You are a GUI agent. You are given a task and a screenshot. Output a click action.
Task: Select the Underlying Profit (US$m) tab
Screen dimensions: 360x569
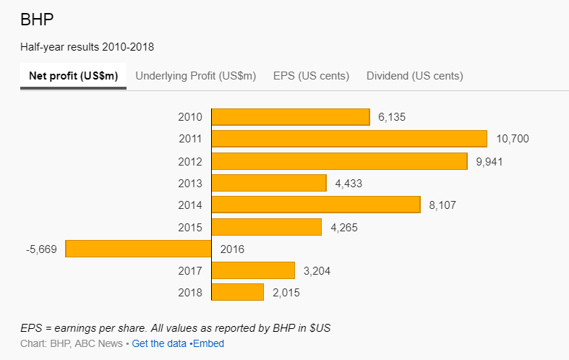196,76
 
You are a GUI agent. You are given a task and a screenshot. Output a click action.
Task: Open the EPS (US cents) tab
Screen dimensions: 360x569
311,76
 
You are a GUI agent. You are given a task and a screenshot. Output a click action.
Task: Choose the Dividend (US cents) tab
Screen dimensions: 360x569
414,76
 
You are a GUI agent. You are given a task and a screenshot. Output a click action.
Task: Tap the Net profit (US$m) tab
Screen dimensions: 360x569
73,76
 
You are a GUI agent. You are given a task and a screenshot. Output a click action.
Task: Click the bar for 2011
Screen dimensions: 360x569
349,139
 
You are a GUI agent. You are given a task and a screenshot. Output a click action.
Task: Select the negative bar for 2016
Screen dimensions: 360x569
138,249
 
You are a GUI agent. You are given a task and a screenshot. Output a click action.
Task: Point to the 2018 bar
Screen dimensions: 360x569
238,293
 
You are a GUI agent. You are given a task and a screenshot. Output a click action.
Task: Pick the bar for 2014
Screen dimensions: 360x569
316,205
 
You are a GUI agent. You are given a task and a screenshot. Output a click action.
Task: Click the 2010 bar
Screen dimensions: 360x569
291,117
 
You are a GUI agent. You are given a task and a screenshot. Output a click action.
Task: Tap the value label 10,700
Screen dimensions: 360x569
513,139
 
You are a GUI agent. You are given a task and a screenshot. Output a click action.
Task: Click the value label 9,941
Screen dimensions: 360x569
489,161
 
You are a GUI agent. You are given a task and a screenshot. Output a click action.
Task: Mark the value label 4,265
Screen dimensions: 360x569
344,227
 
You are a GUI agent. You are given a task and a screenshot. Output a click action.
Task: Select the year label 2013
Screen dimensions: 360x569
190,184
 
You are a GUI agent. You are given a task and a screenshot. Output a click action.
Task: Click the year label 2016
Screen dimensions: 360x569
232,249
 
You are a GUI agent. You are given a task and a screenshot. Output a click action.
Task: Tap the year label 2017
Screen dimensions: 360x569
190,271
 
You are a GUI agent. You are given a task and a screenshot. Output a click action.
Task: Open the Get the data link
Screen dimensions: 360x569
159,343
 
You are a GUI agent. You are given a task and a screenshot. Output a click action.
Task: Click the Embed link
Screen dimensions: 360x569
208,343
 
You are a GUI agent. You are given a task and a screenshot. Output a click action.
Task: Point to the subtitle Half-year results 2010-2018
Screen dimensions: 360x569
87,47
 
